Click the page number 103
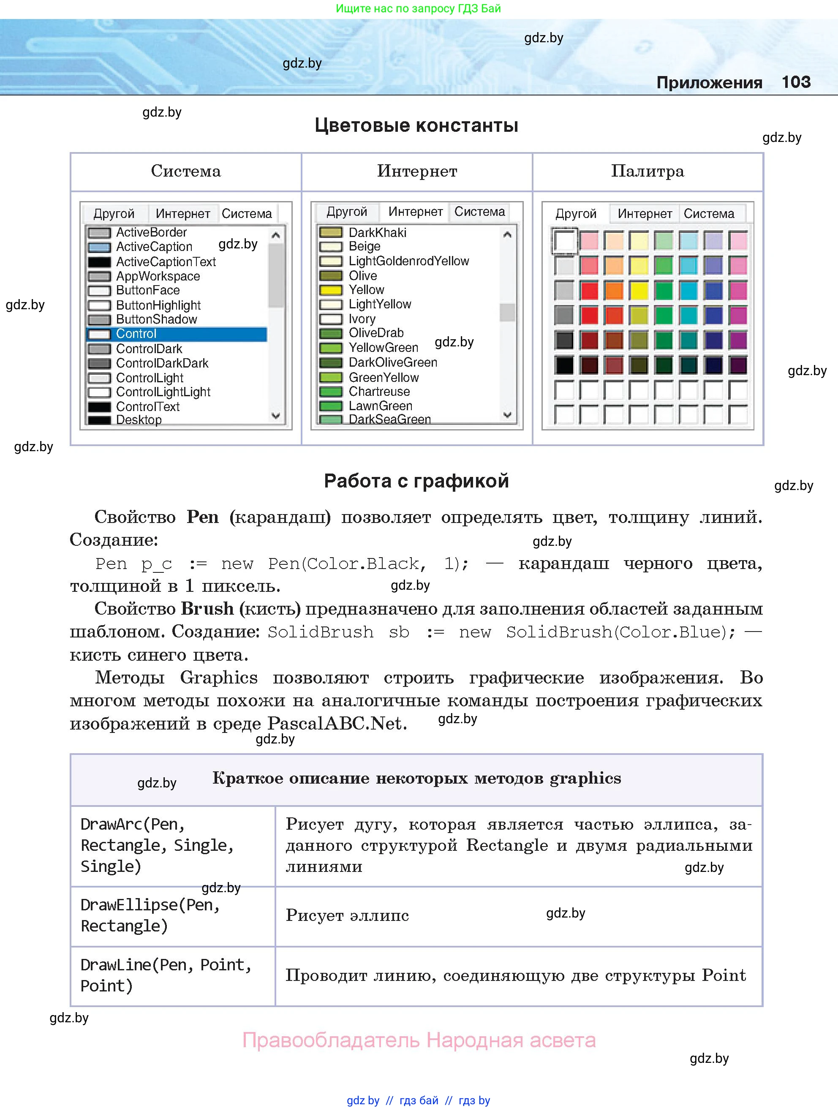coord(796,82)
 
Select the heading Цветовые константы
coord(416,125)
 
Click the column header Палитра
coord(647,171)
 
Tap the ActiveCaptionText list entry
coord(166,261)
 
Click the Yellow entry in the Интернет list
coord(366,290)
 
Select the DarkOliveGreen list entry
coord(393,362)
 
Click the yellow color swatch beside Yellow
coord(330,290)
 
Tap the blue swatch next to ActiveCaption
coord(99,247)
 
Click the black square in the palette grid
coord(564,365)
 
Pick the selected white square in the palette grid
coord(564,241)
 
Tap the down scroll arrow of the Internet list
coord(507,415)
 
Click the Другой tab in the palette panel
coord(575,213)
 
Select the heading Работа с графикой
coord(416,481)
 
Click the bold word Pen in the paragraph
coord(202,517)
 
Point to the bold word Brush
coord(207,608)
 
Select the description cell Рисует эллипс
coord(348,915)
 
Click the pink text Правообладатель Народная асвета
coord(419,1040)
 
